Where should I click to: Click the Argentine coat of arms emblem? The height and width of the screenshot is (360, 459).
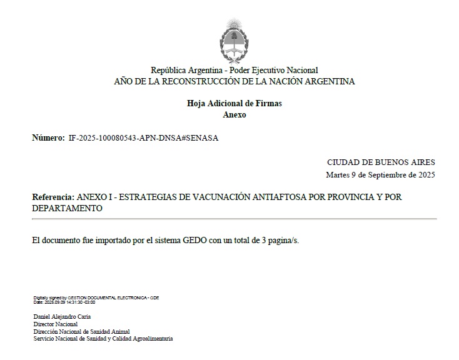point(235,39)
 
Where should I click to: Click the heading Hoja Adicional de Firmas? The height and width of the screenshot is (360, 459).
point(235,103)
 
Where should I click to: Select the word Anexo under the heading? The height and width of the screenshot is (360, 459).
point(235,115)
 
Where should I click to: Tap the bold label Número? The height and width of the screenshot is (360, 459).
point(48,137)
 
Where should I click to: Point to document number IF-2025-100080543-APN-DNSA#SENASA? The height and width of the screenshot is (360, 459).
point(143,137)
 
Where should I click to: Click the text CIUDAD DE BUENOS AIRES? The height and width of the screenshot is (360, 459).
point(381,162)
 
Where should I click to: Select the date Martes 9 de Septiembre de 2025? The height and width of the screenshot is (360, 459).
point(380,175)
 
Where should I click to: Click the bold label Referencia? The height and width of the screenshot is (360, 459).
point(54,197)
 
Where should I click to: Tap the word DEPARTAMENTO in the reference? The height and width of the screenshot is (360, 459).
point(67,208)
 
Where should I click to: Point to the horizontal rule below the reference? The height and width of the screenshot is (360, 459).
point(235,219)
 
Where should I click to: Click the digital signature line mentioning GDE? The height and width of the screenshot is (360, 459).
point(96,297)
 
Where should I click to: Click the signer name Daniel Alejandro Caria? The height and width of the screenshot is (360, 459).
point(62,317)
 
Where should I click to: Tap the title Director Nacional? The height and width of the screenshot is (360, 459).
point(56,324)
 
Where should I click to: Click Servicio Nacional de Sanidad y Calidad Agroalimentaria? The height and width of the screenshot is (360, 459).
point(103,339)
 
